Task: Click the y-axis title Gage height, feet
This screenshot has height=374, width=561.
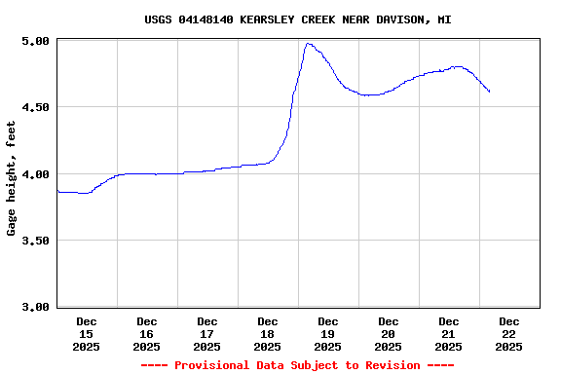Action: (x=13, y=178)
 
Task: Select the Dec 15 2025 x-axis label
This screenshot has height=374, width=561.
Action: (x=87, y=333)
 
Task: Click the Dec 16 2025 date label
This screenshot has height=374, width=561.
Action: (x=147, y=333)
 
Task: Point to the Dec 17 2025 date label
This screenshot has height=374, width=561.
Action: (x=207, y=333)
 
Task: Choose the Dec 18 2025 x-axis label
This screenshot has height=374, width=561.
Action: (x=268, y=333)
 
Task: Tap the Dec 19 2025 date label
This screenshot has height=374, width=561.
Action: (x=328, y=333)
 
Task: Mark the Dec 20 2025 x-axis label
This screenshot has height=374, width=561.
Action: (x=389, y=333)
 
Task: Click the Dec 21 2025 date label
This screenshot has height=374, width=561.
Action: (x=449, y=333)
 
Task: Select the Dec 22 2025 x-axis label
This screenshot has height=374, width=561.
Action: (x=509, y=333)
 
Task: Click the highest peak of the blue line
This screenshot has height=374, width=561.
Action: (x=308, y=43)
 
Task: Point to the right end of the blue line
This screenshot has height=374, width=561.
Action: (x=489, y=92)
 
